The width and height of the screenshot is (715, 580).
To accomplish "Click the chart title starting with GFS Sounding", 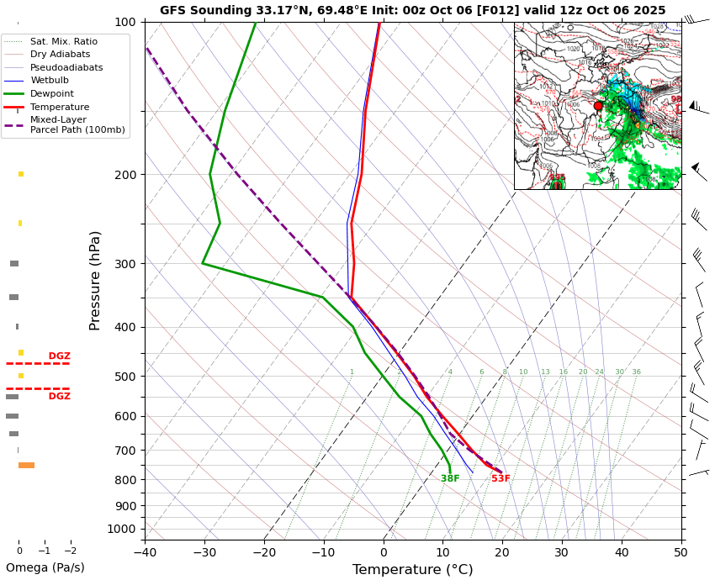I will click(412, 10).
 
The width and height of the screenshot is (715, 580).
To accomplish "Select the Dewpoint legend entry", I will click(52, 93).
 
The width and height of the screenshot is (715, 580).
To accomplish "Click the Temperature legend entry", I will click(60, 107).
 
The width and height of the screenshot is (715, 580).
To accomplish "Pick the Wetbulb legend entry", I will click(50, 81).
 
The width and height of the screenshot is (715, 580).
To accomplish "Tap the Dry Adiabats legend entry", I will click(60, 54).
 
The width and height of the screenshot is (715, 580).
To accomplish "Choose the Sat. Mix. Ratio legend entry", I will click(63, 41).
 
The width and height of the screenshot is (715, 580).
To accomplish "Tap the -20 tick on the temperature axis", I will click(264, 551).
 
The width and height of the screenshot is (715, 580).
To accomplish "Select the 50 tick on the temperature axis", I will click(681, 551).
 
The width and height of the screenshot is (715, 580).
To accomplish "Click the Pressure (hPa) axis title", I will click(95, 280).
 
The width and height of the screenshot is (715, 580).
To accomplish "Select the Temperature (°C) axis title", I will click(412, 570).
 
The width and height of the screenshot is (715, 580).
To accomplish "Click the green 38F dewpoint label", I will click(450, 479).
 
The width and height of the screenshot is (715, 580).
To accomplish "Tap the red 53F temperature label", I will click(500, 479).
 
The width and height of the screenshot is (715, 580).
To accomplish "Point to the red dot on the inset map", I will click(598, 106).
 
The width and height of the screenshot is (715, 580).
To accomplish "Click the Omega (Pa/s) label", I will click(45, 567).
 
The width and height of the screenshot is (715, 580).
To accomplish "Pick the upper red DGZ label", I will click(59, 356).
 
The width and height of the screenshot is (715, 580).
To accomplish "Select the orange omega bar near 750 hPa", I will click(26, 465).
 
